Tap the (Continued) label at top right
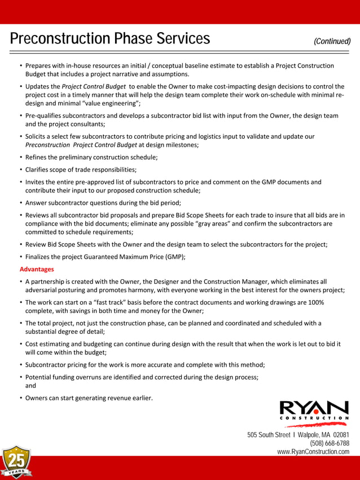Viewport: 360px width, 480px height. pyautogui.click(x=332, y=41)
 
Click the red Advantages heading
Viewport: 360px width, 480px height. pyautogui.click(x=37, y=269)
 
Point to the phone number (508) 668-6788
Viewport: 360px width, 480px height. pyautogui.click(x=330, y=443)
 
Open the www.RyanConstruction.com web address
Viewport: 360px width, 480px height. pyautogui.click(x=313, y=452)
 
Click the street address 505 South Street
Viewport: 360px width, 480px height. pyautogui.click(x=269, y=435)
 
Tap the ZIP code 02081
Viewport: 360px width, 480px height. pyautogui.click(x=341, y=435)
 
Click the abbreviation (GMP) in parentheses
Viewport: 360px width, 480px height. pyautogui.click(x=175, y=257)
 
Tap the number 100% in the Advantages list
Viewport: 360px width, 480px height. pyautogui.click(x=315, y=302)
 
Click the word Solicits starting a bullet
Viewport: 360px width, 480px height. pyautogui.click(x=38, y=136)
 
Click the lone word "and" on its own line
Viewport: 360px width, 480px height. pyautogui.click(x=30, y=386)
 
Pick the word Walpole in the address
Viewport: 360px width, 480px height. pyautogui.click(x=310, y=435)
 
